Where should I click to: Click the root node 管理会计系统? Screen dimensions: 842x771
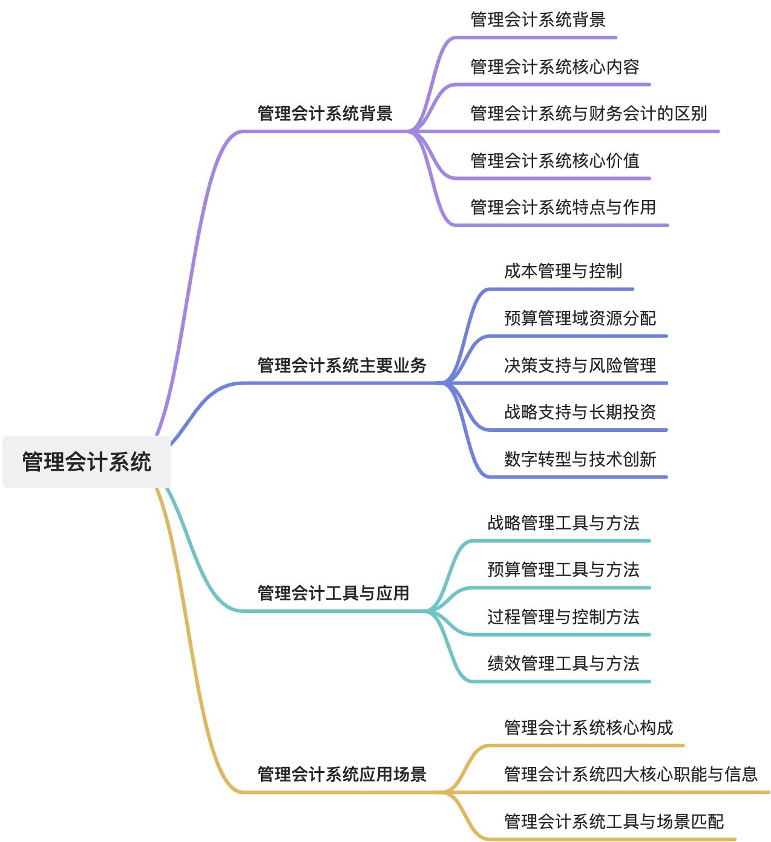[x=87, y=462]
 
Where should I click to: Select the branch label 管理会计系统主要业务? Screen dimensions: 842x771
[x=342, y=365]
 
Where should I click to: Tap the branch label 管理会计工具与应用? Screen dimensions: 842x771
[x=333, y=593]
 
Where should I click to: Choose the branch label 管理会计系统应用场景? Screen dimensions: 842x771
[x=342, y=774]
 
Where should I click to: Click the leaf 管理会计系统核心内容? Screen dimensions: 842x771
[x=554, y=67]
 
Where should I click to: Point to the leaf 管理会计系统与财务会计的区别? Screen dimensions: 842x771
[x=588, y=113]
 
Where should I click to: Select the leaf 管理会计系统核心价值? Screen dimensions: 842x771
[x=554, y=161]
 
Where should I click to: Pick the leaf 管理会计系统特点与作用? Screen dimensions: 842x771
[x=563, y=207]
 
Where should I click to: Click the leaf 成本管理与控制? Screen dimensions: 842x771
[x=563, y=271]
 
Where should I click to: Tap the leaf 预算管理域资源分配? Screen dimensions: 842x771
[x=580, y=318]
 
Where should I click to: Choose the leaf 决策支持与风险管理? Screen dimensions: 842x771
[x=580, y=365]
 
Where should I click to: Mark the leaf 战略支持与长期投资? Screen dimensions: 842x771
[x=580, y=412]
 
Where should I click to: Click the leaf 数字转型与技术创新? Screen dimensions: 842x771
[x=580, y=459]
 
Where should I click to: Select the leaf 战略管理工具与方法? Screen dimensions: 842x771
[x=563, y=523]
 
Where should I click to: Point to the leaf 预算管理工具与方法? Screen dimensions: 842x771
[x=563, y=570]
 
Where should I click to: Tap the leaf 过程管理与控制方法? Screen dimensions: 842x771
[x=563, y=617]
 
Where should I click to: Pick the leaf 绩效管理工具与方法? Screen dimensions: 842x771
[x=563, y=664]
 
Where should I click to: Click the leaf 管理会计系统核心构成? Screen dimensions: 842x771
[x=588, y=728]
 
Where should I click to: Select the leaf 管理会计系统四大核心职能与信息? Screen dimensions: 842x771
[x=631, y=774]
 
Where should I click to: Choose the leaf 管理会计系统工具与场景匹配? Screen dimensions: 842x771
[x=614, y=821]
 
